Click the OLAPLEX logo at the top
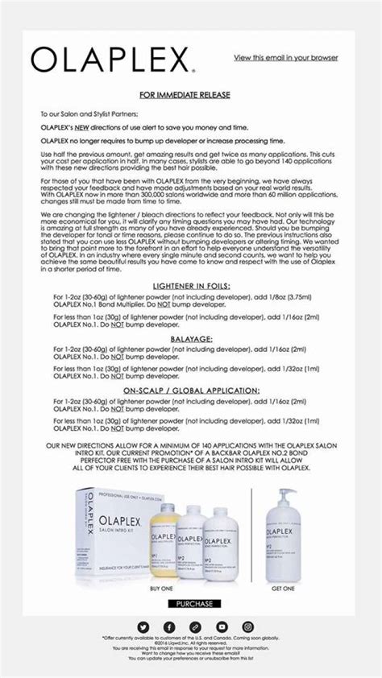[x=112, y=58]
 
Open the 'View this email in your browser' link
[x=285, y=58]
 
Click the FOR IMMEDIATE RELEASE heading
[x=191, y=95]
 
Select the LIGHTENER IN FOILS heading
[x=191, y=286]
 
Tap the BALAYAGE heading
[x=191, y=339]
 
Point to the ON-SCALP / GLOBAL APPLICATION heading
[x=191, y=390]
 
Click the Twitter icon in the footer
[x=143, y=626]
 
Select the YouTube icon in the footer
[x=222, y=626]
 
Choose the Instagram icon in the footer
[x=248, y=626]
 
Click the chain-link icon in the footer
[x=195, y=626]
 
